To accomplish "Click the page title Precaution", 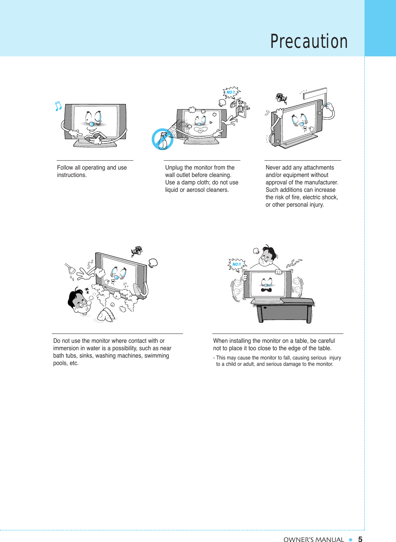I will click(309, 41).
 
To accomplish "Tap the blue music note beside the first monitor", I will click(58, 106).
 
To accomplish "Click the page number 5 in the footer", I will click(360, 539).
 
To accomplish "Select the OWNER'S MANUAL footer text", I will click(313, 539).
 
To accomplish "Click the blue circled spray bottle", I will click(163, 139).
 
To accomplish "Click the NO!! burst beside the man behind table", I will click(237, 264).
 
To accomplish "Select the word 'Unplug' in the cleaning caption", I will click(174, 168).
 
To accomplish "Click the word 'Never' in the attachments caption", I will click(273, 168).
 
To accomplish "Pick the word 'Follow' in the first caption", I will click(65, 168).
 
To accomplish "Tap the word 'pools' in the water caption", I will click(60, 363).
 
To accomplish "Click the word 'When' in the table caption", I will click(220, 341).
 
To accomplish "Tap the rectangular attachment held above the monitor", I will click(315, 93).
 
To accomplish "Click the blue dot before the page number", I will click(350, 539).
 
